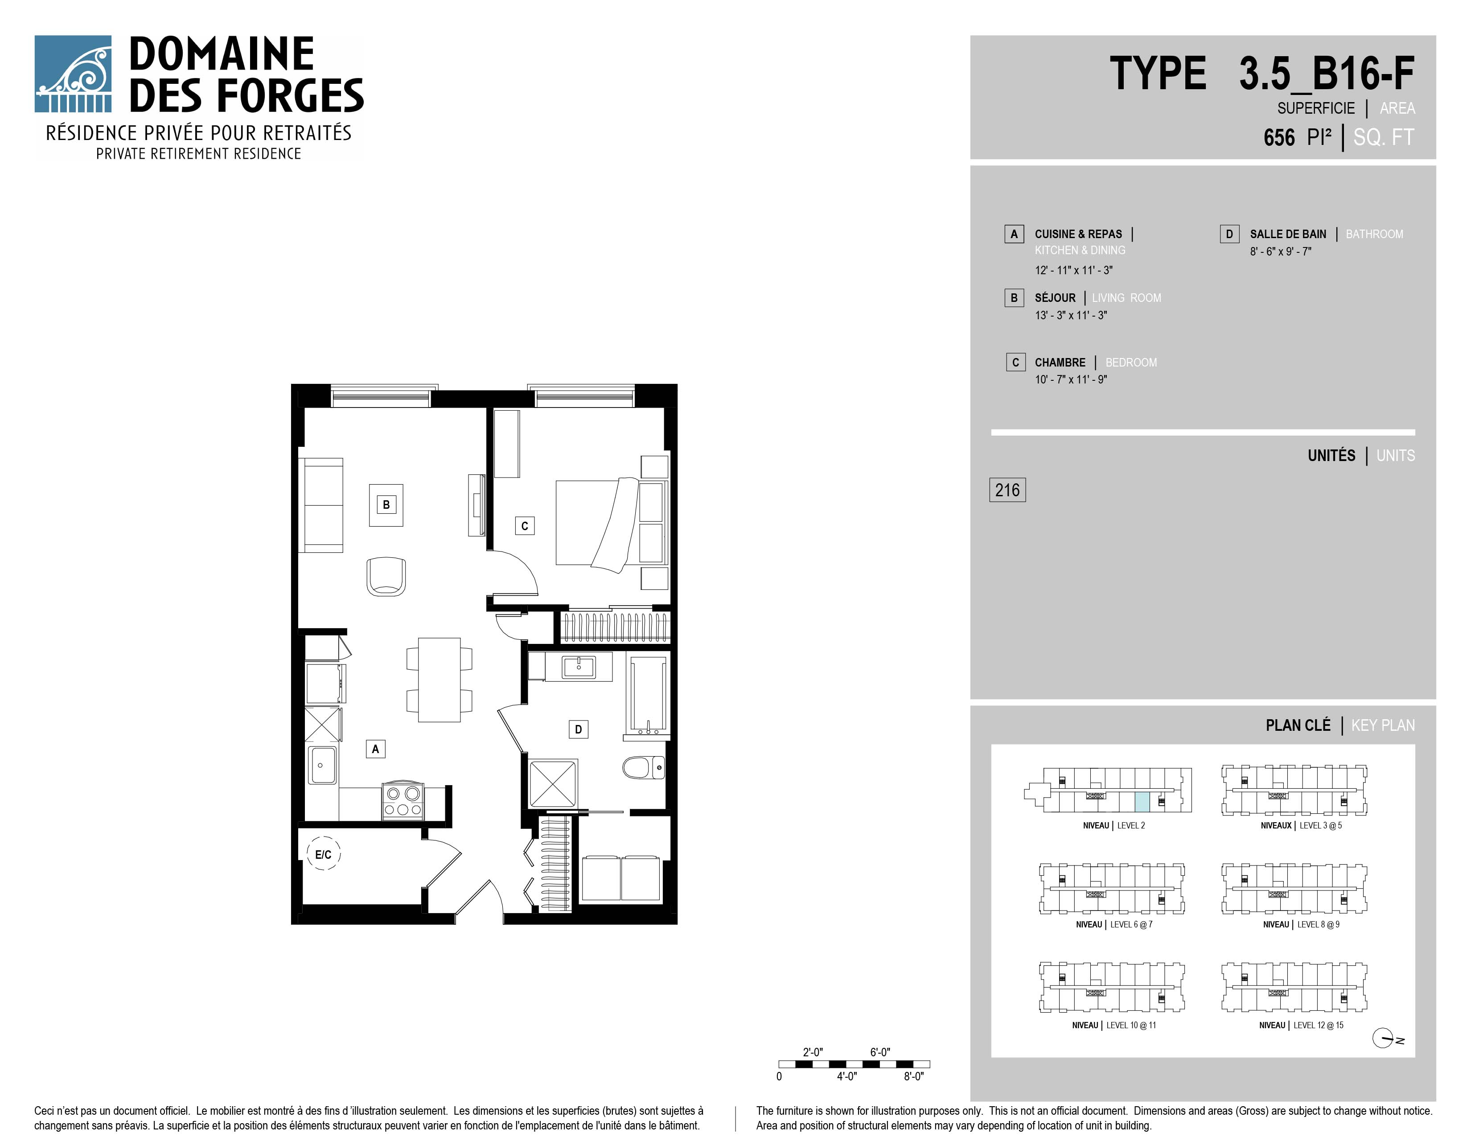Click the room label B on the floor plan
[x=386, y=504]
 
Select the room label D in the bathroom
[x=578, y=729]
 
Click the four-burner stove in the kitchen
[x=403, y=801]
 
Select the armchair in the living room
[x=386, y=576]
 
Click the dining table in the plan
[x=439, y=680]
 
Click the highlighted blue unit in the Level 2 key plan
[x=1142, y=802]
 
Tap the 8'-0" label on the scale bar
[x=913, y=1076]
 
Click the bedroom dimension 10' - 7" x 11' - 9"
[x=1071, y=379]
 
